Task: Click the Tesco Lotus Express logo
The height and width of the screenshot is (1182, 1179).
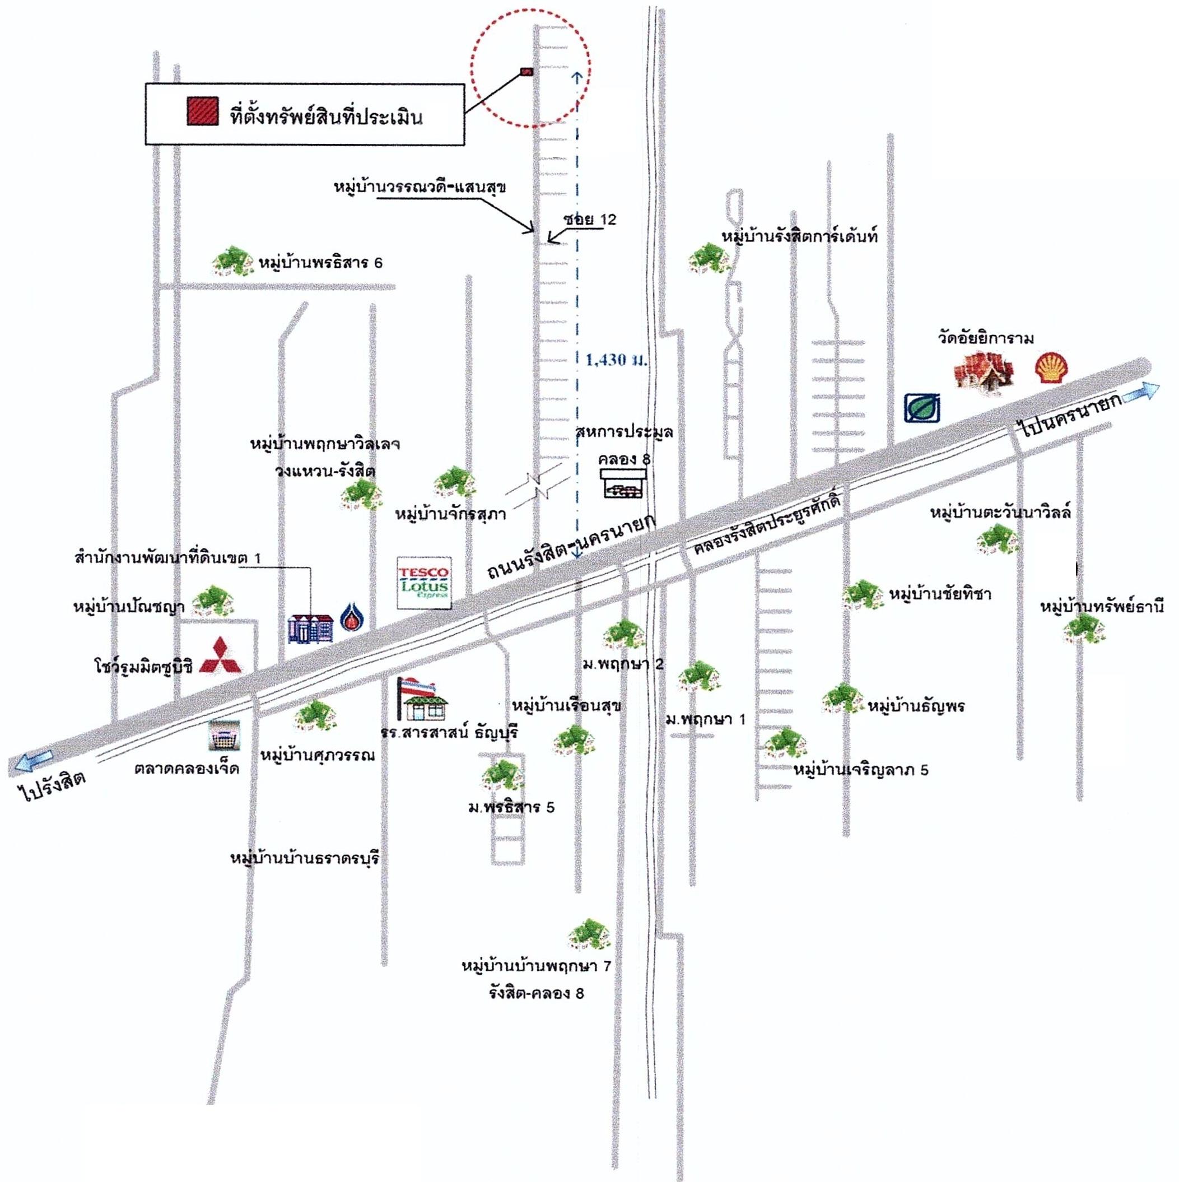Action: (x=424, y=583)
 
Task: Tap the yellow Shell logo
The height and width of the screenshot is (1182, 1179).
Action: (x=1052, y=369)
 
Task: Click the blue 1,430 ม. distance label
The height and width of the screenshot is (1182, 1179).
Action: (x=616, y=360)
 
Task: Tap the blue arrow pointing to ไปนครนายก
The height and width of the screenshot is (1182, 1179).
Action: (x=1140, y=390)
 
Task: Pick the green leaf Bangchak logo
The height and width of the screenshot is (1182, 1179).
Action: (x=922, y=407)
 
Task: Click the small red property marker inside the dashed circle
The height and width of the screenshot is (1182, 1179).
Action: (x=526, y=72)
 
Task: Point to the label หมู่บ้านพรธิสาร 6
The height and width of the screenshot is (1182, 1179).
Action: (x=320, y=263)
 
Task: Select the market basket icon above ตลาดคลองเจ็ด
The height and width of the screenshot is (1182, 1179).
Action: (x=224, y=735)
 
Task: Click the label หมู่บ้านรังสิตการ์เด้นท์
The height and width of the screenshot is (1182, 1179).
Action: (x=800, y=235)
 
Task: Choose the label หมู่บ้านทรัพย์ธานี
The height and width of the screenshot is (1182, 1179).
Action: (x=1102, y=607)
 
